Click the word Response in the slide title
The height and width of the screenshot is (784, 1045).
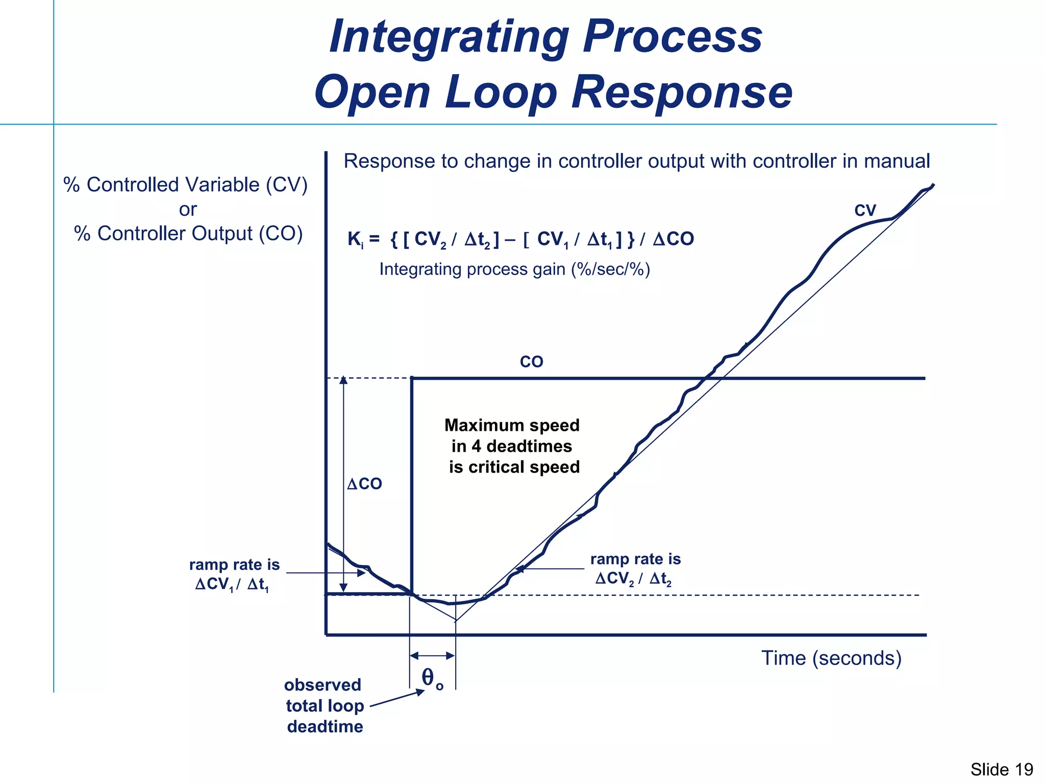(x=682, y=92)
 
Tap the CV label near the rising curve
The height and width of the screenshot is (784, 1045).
(x=865, y=210)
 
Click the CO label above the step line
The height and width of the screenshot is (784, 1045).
(x=531, y=362)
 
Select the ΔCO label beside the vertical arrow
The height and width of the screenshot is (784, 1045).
(x=364, y=484)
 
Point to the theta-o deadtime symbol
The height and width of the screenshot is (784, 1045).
(x=432, y=679)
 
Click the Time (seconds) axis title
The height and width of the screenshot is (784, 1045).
(x=831, y=658)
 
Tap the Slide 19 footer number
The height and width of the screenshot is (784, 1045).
(x=1001, y=769)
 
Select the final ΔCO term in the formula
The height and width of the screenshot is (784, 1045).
(x=673, y=239)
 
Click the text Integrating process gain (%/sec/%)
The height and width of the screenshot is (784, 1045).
(x=514, y=269)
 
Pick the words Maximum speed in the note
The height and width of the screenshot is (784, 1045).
(x=512, y=425)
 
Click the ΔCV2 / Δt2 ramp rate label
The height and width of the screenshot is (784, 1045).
(x=633, y=579)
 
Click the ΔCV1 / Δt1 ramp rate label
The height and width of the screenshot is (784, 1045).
(x=232, y=584)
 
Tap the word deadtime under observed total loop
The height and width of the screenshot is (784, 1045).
(x=325, y=726)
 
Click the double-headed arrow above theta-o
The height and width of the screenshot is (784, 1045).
(x=432, y=655)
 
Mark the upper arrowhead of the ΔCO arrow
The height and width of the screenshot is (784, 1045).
(x=343, y=380)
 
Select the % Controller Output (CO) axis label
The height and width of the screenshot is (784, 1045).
(x=188, y=233)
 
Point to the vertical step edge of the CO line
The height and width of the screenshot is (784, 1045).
(x=412, y=485)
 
